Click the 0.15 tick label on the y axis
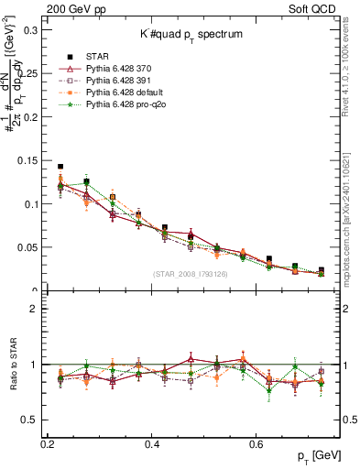click(27, 160)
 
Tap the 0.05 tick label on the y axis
click(27, 247)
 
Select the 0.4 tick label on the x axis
click(153, 444)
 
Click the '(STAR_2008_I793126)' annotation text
click(190, 275)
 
